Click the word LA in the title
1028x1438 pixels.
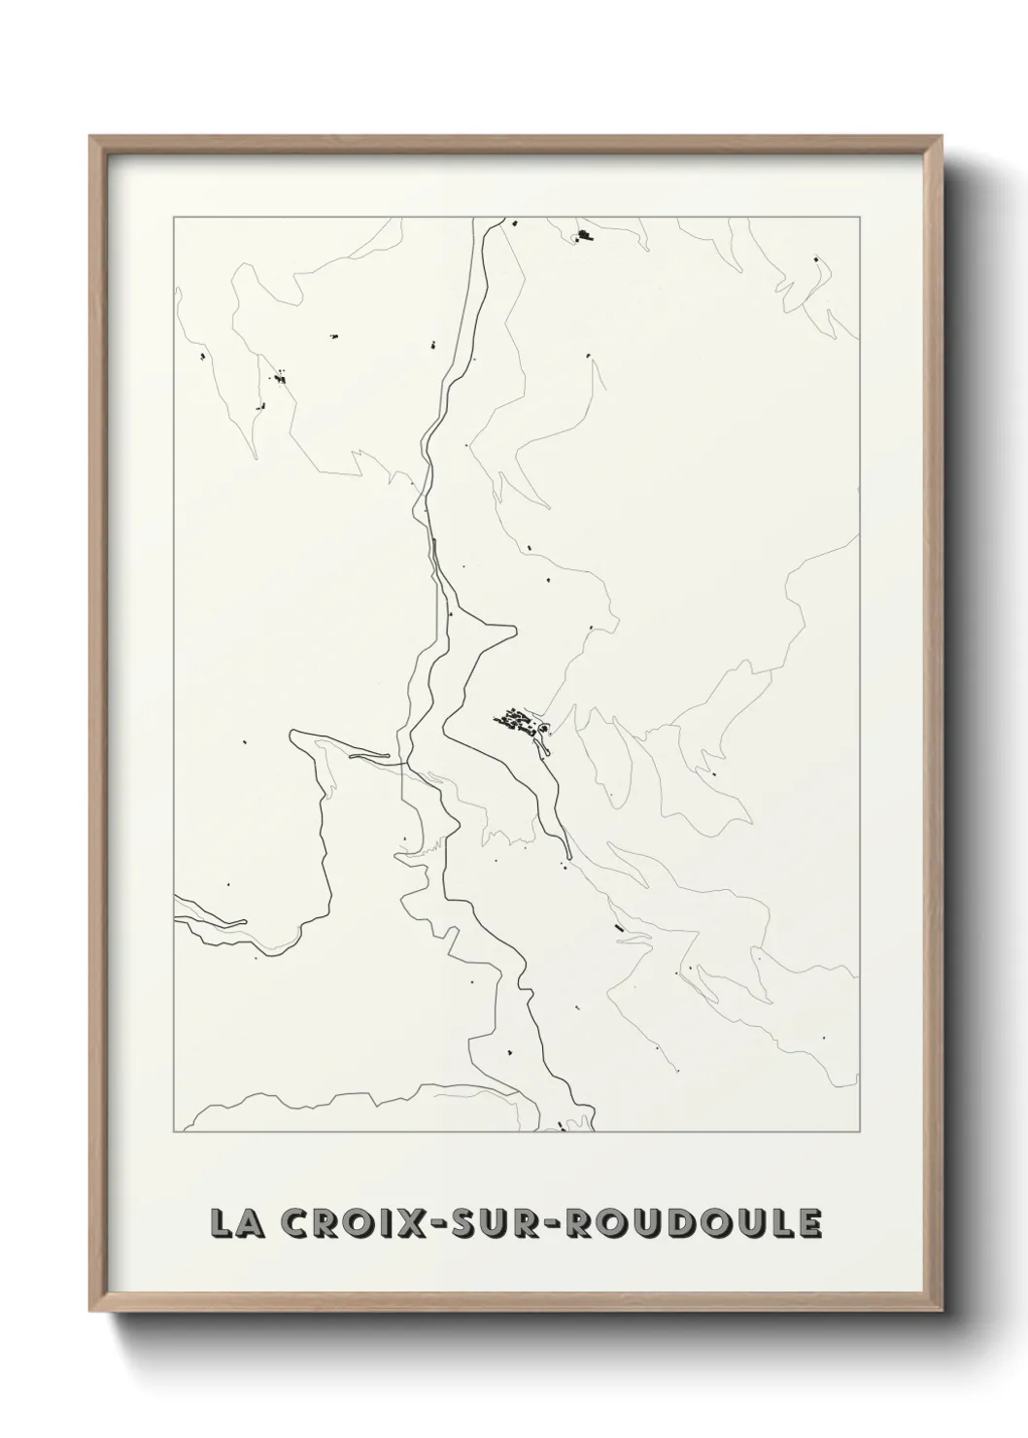point(235,1223)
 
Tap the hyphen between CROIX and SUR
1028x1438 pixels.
point(437,1224)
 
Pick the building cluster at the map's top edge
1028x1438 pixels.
point(584,235)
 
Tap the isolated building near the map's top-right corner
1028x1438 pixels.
point(815,259)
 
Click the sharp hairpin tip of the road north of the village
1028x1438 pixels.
point(514,629)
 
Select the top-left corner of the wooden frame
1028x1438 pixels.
point(90,137)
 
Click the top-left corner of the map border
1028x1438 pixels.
point(174,218)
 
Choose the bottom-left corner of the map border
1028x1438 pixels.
point(174,1132)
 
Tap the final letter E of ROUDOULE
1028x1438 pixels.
point(808,1223)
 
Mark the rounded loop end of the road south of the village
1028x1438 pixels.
point(547,748)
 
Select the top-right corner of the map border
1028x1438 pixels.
point(858,218)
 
